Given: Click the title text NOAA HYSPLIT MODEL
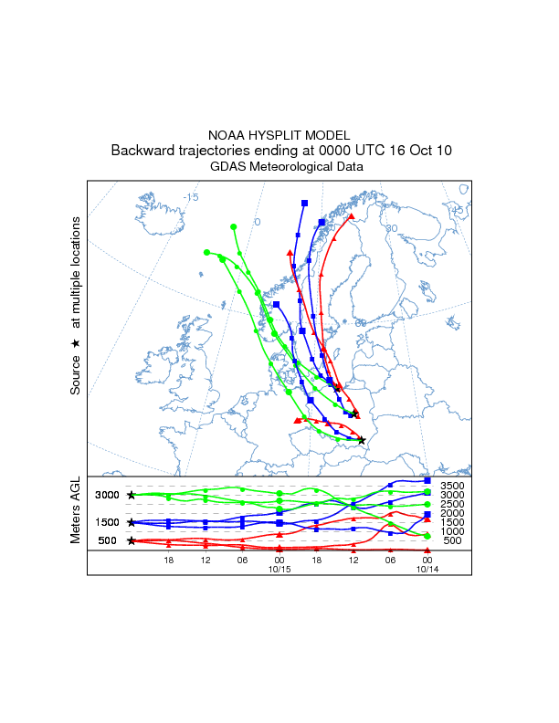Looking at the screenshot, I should tap(279, 133).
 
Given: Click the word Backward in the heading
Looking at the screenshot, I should tap(142, 150).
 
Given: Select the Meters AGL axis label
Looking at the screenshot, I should tap(77, 511).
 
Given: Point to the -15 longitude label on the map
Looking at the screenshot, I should tap(190, 197).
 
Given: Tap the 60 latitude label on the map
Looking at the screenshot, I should tap(360, 323).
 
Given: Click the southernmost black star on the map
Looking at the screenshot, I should tap(362, 440).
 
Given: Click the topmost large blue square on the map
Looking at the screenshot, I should tap(304, 203).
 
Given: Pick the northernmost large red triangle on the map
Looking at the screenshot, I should tap(351, 217).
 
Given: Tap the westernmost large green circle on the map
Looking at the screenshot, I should tap(207, 252).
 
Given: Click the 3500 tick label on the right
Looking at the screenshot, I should tap(451, 486).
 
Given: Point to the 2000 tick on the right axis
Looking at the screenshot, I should tap(451, 513).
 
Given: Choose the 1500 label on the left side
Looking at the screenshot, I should tap(108, 522).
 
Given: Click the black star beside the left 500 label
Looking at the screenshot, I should tap(132, 540).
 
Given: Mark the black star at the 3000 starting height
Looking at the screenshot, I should tap(132, 495).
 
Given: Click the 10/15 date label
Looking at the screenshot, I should tap(279, 569).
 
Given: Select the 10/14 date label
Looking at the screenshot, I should tap(427, 569).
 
